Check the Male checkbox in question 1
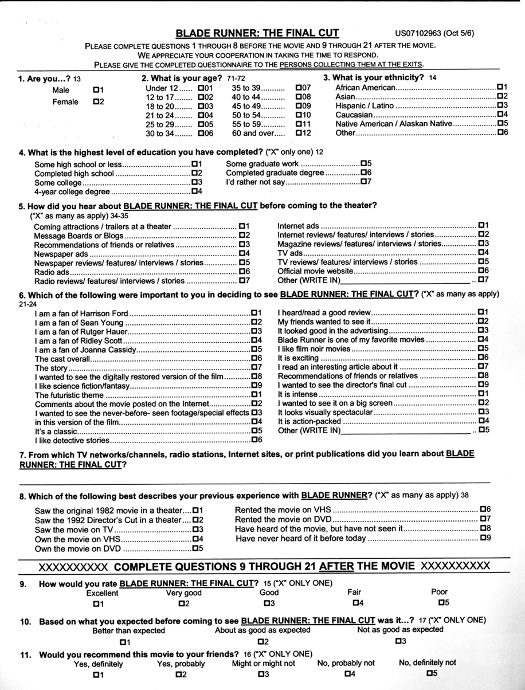tap(95, 90)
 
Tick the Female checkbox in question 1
tap(95, 102)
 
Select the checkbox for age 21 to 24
tap(200, 116)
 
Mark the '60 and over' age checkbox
tap(299, 134)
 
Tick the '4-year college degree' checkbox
tap(194, 191)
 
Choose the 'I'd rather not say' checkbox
tap(363, 182)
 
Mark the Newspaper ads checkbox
tap(241, 253)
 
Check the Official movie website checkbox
tap(481, 270)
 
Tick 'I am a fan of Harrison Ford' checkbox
tap(253, 313)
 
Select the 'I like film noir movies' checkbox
tap(481, 348)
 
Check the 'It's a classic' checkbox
tap(253, 430)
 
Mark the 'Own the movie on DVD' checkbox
tap(194, 548)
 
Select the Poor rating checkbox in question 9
tap(442, 602)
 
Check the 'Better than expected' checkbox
tap(122, 641)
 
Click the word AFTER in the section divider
tap(336, 567)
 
